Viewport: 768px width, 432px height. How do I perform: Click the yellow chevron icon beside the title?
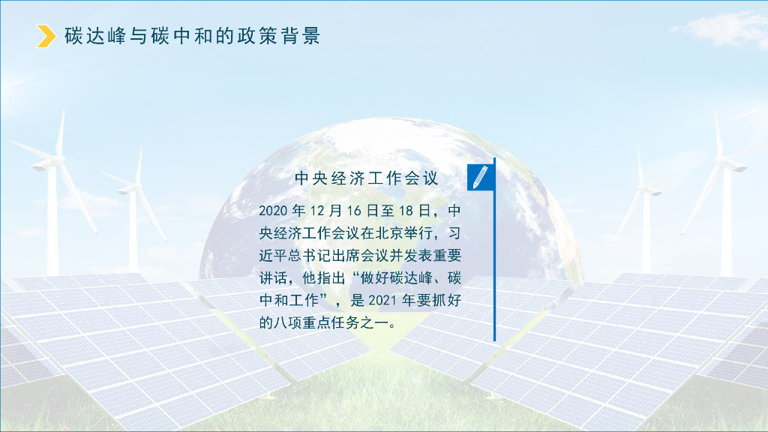46,36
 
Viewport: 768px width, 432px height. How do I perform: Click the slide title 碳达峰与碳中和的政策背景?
193,36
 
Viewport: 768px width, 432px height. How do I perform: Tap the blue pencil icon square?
480,178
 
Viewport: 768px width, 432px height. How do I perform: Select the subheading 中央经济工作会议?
366,178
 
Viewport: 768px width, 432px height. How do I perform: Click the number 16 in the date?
354,209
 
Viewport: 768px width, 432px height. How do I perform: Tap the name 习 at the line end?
454,232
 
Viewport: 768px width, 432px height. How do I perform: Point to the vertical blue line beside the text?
494,255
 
